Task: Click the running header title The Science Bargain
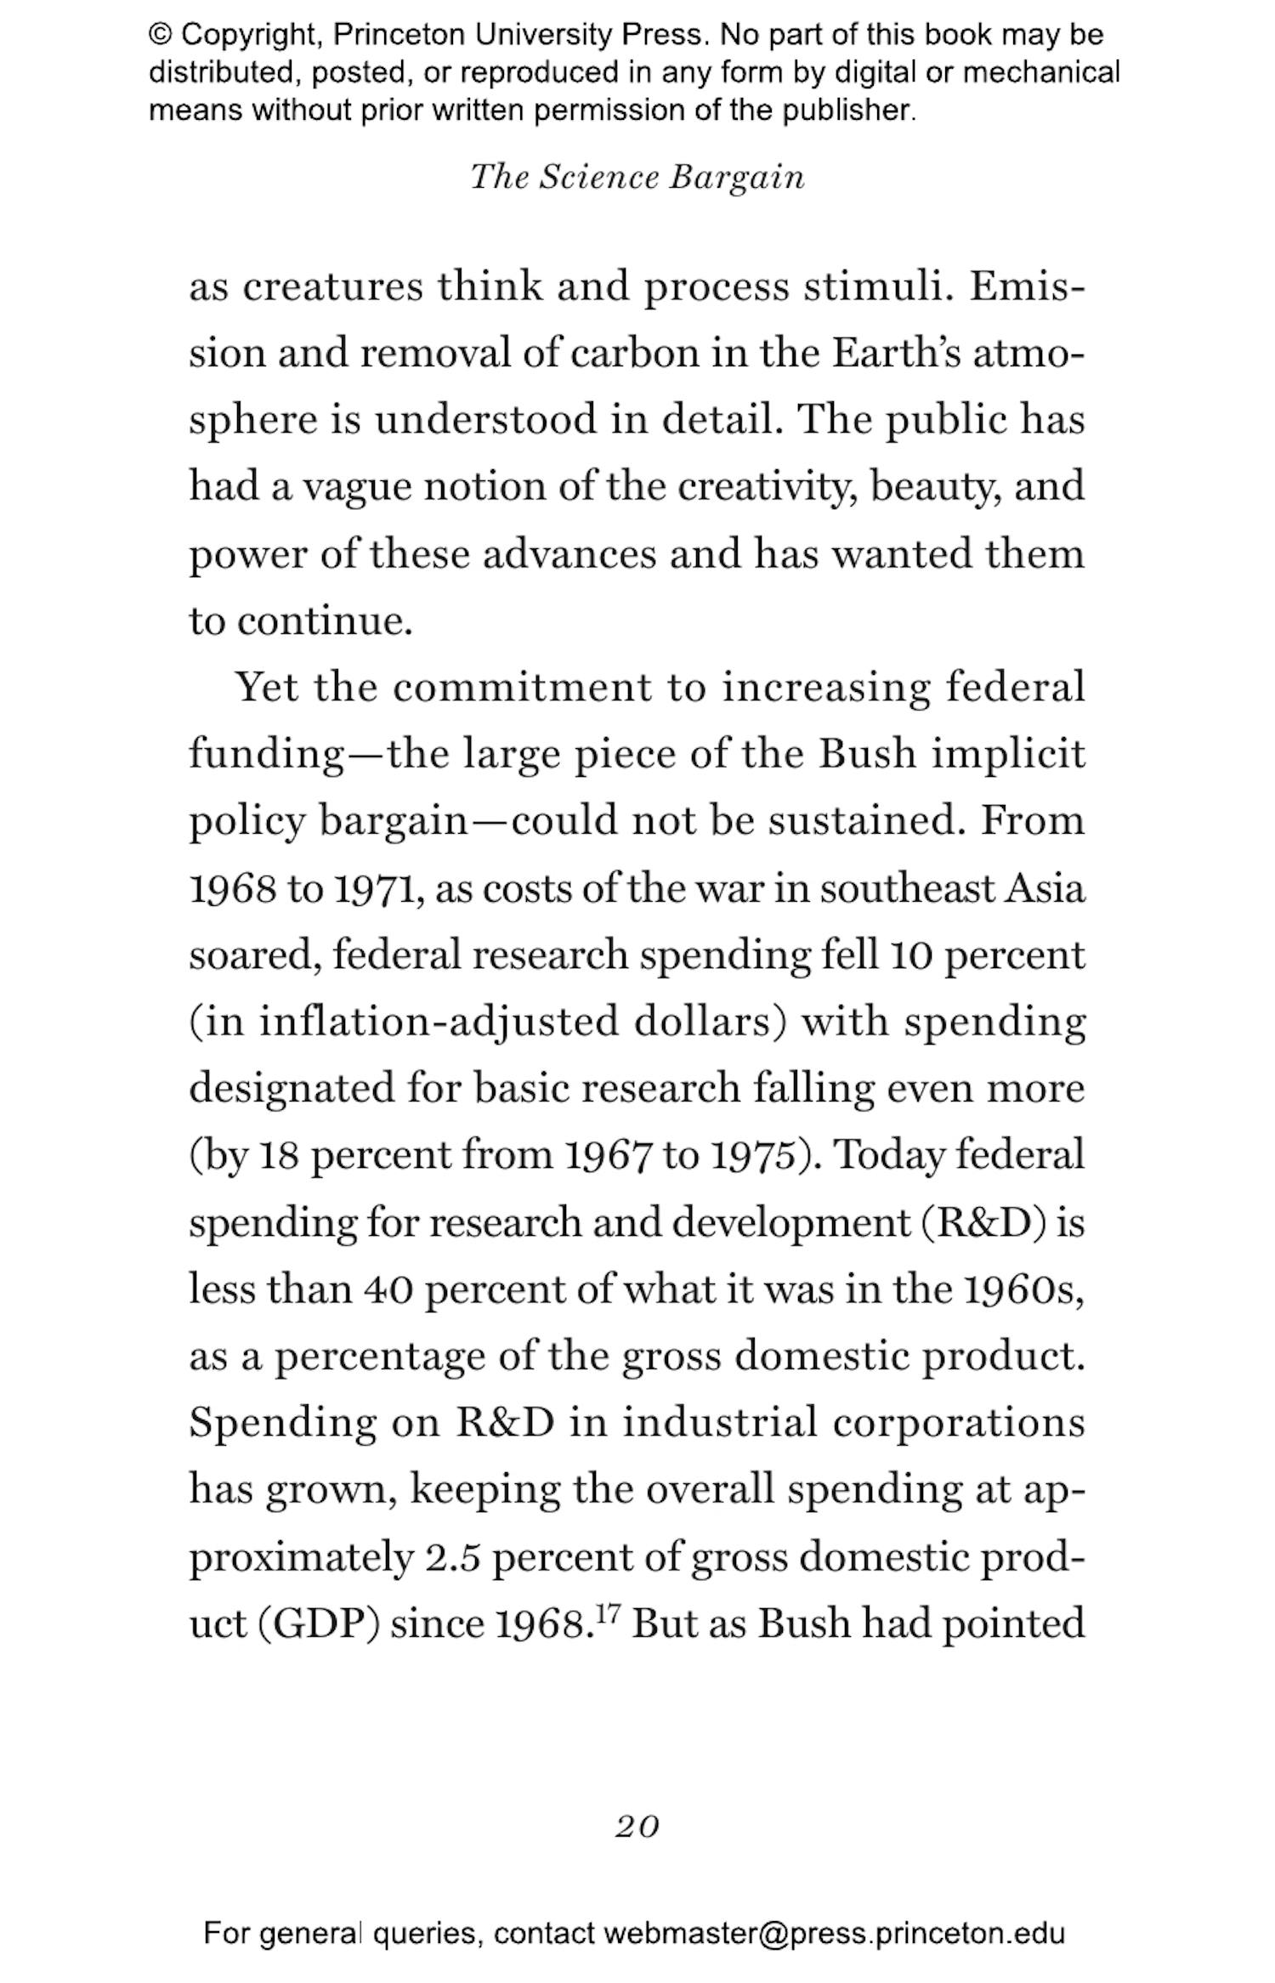tap(637, 177)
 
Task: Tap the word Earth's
tap(896, 353)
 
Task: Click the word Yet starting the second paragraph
tap(267, 687)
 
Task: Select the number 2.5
tap(450, 1557)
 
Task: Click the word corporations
tap(959, 1423)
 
